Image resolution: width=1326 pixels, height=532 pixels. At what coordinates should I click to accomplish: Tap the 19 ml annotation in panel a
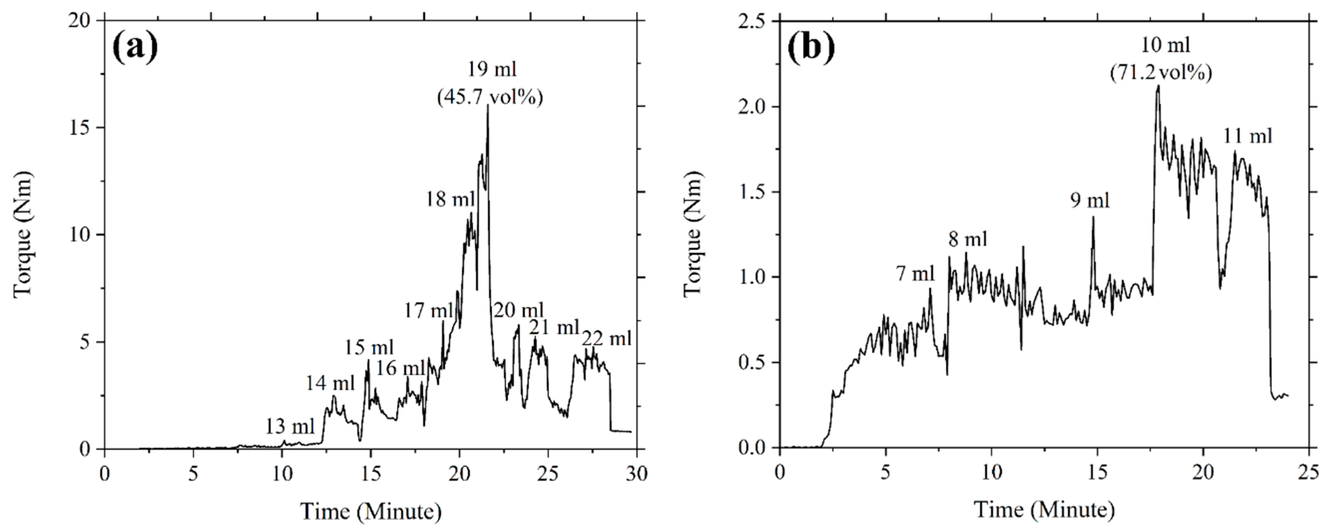tap(492, 68)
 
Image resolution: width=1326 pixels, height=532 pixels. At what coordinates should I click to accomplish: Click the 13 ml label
tap(290, 426)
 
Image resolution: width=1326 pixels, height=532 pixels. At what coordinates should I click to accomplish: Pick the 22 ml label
tap(606, 339)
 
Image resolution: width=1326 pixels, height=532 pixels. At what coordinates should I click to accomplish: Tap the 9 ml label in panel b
tap(1090, 200)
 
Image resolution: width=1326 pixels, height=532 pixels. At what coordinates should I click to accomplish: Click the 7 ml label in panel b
tap(915, 274)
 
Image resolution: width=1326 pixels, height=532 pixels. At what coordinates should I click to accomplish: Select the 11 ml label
tap(1247, 136)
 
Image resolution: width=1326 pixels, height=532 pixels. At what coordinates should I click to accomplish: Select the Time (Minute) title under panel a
tap(371, 511)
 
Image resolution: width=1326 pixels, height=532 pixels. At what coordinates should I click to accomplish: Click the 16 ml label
tap(400, 368)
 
